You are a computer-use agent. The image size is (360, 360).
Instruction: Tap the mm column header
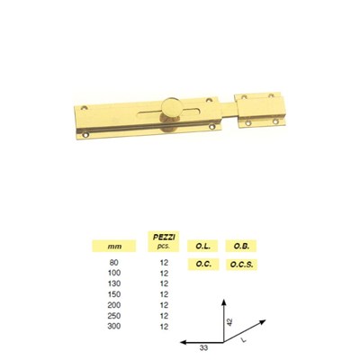[115, 247]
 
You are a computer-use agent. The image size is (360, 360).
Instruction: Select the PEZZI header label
[164, 237]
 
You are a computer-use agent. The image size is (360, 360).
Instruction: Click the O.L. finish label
[202, 247]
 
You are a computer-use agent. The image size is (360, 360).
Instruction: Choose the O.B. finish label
[241, 247]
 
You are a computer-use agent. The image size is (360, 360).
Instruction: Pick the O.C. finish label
[203, 265]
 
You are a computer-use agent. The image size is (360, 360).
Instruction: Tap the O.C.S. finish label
[242, 265]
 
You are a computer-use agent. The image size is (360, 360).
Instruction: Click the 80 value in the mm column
[114, 263]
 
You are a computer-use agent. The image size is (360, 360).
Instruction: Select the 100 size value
[114, 273]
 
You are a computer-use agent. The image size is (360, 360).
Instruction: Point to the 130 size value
[114, 283]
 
